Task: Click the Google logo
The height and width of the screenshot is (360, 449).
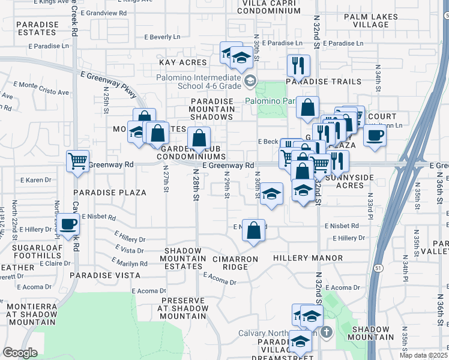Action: (20, 353)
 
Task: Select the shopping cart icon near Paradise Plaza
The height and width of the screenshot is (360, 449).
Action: (78, 161)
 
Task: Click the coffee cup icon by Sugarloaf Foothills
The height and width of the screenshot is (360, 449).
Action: (68, 224)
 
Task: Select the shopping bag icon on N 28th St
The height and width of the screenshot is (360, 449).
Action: (199, 139)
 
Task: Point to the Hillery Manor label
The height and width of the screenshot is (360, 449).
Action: (307, 258)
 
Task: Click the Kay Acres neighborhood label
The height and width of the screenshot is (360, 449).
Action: (182, 62)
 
